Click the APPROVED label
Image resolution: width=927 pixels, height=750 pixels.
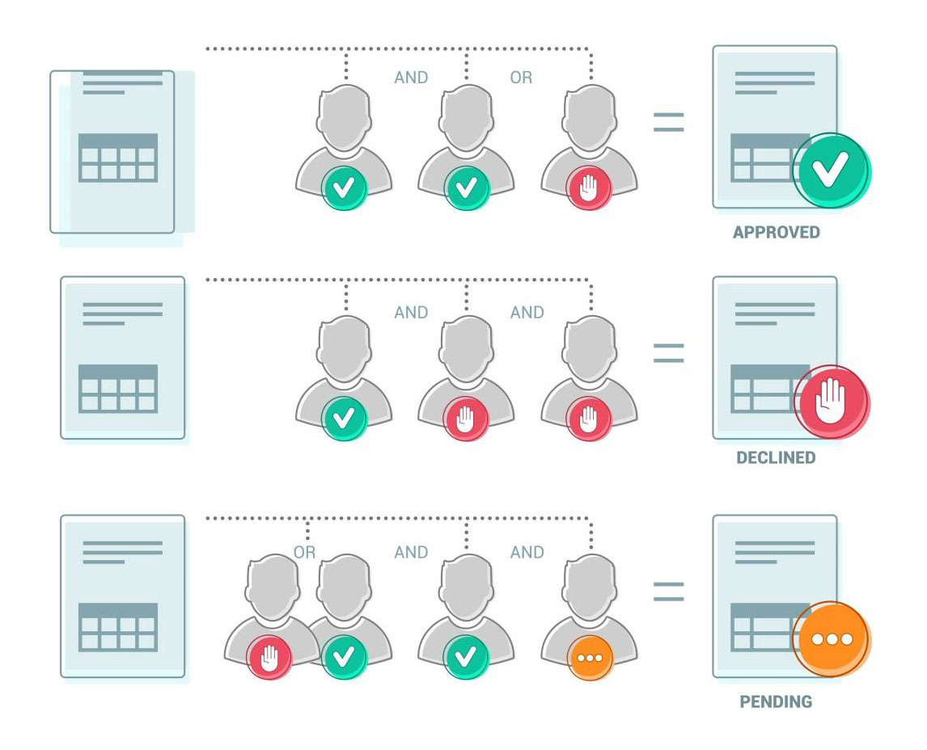click(x=776, y=233)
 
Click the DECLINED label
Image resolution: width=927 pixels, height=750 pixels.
click(x=776, y=458)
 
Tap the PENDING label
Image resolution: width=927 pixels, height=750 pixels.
click(x=776, y=702)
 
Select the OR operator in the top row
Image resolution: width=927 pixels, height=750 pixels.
click(x=521, y=78)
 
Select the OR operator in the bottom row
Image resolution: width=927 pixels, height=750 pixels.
click(x=304, y=553)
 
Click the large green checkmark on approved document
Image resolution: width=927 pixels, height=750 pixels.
click(x=831, y=171)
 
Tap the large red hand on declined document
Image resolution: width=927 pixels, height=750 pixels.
click(x=831, y=402)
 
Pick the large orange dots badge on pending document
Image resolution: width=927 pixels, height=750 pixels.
click(x=831, y=639)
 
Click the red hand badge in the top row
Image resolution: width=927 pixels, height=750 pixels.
click(x=589, y=188)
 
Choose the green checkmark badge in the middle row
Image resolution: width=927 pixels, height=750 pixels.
click(x=344, y=419)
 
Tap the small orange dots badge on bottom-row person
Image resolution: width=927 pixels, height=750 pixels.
click(x=590, y=658)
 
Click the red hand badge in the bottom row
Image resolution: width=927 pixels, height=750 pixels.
click(x=269, y=657)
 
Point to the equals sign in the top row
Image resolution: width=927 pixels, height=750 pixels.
click(x=668, y=122)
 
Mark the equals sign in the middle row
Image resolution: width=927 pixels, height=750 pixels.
click(x=668, y=353)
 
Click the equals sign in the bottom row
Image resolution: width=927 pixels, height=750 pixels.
click(x=668, y=592)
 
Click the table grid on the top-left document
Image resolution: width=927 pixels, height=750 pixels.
click(x=118, y=158)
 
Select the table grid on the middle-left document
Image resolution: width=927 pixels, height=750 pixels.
click(x=118, y=389)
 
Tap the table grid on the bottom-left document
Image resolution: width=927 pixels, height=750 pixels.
click(x=118, y=627)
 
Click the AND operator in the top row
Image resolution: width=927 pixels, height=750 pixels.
click(x=411, y=78)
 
